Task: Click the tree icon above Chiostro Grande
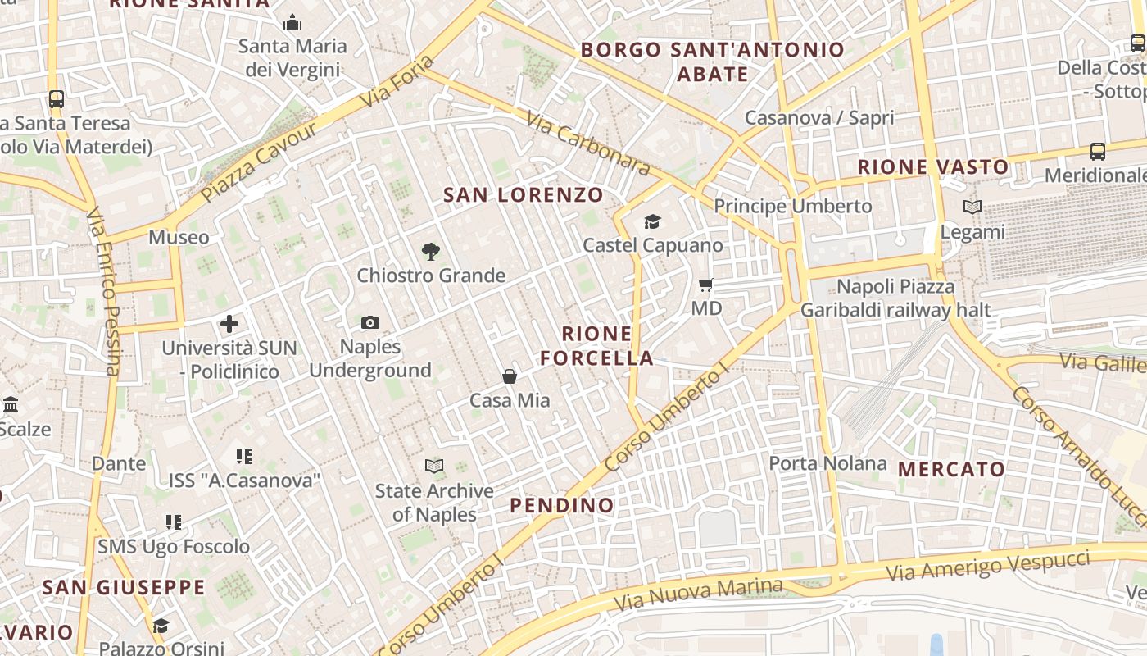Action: coord(430,252)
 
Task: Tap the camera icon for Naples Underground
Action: coord(370,323)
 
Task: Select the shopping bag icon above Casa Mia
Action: coord(510,376)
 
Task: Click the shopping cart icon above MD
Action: coord(705,285)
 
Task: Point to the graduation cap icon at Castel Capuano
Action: coord(652,221)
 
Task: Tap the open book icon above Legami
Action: coord(972,207)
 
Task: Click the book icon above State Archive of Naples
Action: coord(434,467)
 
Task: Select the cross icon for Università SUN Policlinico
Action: coord(229,324)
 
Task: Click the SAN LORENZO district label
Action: coord(523,195)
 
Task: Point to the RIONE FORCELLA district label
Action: coord(597,346)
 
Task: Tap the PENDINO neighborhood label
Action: coord(562,506)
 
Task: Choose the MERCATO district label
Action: coord(951,470)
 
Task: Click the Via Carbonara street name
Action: coord(587,144)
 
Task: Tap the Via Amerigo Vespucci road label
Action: coord(988,567)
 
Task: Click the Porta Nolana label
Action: coord(827,463)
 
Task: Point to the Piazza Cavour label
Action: coord(258,163)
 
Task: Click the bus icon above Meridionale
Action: coord(1097,152)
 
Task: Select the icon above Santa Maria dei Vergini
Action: coord(292,23)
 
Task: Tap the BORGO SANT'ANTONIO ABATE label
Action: coord(712,61)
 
